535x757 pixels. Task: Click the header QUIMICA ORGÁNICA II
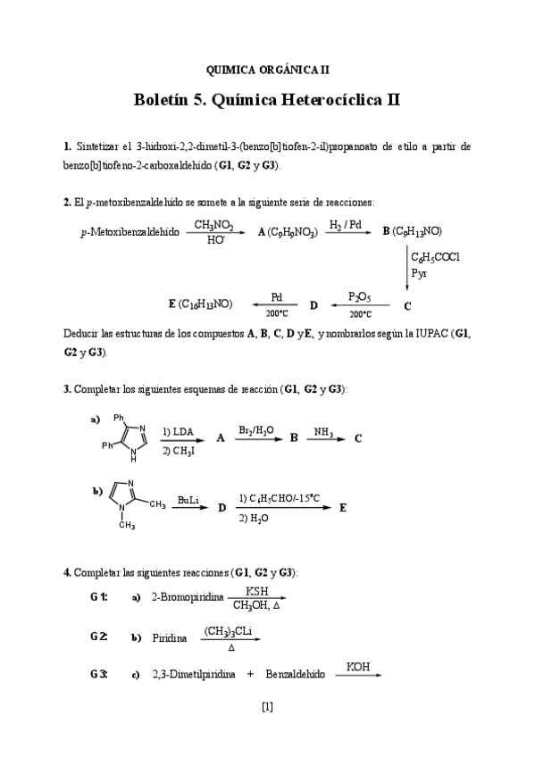267,69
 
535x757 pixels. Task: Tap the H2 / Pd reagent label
345,225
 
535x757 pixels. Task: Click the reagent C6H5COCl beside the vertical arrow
436,257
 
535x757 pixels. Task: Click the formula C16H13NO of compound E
205,304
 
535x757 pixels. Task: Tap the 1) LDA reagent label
179,431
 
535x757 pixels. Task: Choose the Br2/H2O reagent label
256,431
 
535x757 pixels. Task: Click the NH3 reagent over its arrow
323,431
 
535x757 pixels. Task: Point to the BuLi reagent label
188,500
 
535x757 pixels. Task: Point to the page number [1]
267,708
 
